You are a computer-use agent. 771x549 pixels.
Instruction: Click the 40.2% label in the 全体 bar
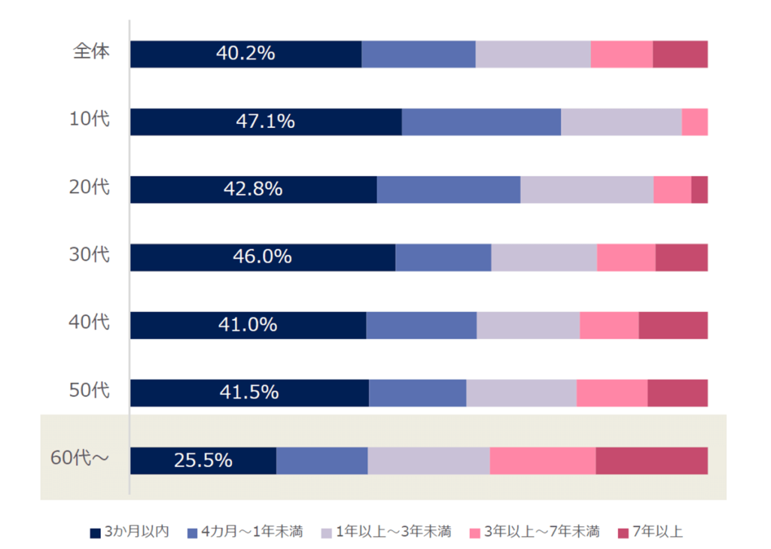pyautogui.click(x=245, y=54)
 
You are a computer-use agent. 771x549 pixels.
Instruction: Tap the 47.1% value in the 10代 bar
pyautogui.click(x=265, y=122)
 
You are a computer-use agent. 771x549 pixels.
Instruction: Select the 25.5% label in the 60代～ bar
pyautogui.click(x=203, y=460)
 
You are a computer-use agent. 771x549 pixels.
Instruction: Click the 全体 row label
pyautogui.click(x=91, y=52)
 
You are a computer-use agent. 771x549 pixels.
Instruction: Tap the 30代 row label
pyautogui.click(x=90, y=254)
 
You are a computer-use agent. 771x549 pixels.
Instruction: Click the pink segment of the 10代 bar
pyautogui.click(x=694, y=122)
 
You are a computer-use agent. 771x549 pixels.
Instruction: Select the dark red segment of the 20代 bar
pyautogui.click(x=699, y=190)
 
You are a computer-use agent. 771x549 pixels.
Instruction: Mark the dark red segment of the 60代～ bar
pyautogui.click(x=651, y=460)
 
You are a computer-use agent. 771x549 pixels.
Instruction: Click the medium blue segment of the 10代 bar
pyautogui.click(x=481, y=122)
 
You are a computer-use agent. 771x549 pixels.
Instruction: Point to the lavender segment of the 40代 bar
pyautogui.click(x=528, y=325)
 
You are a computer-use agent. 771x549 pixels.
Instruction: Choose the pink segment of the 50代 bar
pyautogui.click(x=611, y=393)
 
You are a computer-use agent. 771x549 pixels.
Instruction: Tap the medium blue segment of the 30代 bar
pyautogui.click(x=443, y=257)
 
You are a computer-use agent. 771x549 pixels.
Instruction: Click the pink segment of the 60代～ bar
pyautogui.click(x=542, y=460)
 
